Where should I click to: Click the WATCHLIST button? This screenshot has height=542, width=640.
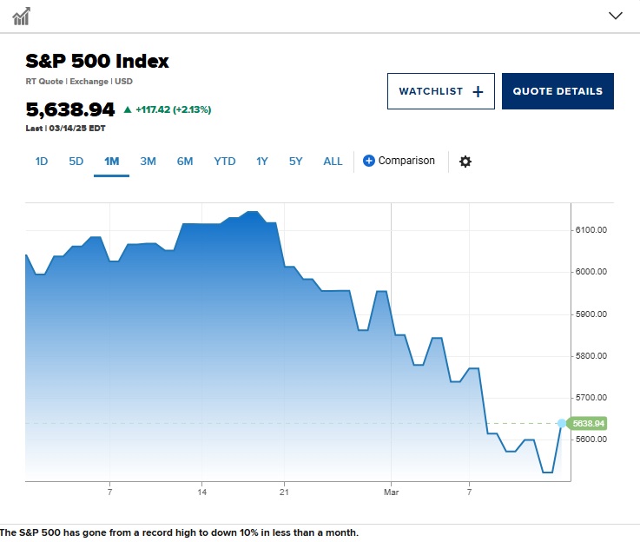pyautogui.click(x=440, y=91)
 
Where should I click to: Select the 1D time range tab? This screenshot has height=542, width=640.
pyautogui.click(x=42, y=161)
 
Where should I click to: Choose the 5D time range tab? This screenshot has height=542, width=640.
pyautogui.click(x=76, y=161)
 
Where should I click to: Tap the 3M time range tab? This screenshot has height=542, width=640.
pyautogui.click(x=148, y=161)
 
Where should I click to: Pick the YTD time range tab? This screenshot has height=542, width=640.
pyautogui.click(x=225, y=161)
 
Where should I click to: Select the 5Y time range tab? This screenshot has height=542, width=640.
pyautogui.click(x=296, y=161)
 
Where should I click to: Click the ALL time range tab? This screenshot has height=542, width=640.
pyautogui.click(x=333, y=161)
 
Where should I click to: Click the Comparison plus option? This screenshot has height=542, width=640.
pyautogui.click(x=399, y=161)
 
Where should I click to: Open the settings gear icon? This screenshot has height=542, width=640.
pyautogui.click(x=465, y=162)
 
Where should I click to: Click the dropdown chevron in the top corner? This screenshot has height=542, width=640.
pyautogui.click(x=616, y=15)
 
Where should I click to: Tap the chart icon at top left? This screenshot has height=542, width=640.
pyautogui.click(x=21, y=16)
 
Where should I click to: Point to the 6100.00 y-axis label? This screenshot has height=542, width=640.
pyautogui.click(x=591, y=229)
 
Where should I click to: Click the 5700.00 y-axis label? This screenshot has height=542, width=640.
pyautogui.click(x=591, y=397)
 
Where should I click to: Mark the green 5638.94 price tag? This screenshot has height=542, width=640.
pyautogui.click(x=588, y=423)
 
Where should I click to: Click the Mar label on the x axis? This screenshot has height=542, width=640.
pyautogui.click(x=391, y=492)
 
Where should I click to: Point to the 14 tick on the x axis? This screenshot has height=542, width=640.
pyautogui.click(x=201, y=492)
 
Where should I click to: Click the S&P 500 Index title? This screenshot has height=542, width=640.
pyautogui.click(x=97, y=61)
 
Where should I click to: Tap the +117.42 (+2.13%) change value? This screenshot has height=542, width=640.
pyautogui.click(x=173, y=109)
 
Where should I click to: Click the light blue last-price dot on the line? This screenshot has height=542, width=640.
pyautogui.click(x=561, y=423)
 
